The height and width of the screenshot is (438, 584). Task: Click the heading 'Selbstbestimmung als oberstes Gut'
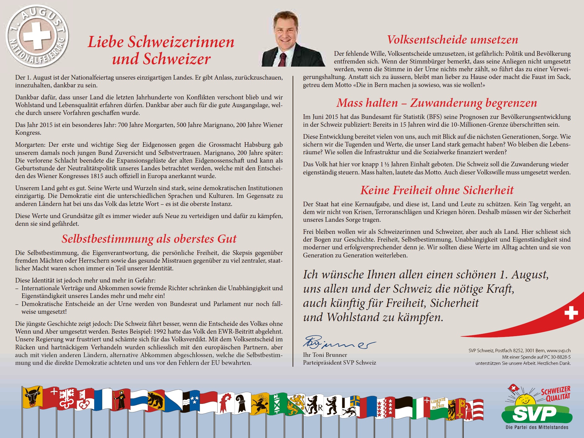tap(149, 239)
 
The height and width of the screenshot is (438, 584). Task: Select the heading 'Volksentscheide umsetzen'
tap(452, 40)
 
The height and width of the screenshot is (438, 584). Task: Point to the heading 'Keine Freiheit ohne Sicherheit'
tap(437, 190)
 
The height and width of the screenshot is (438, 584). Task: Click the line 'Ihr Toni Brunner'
tap(325, 355)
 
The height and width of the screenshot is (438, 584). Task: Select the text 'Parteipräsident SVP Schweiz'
tap(339, 363)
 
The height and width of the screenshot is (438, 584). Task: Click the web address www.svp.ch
tap(559, 351)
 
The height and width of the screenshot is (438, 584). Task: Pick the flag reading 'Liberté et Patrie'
tap(438, 404)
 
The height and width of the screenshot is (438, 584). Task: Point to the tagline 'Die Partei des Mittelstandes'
tap(537, 427)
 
